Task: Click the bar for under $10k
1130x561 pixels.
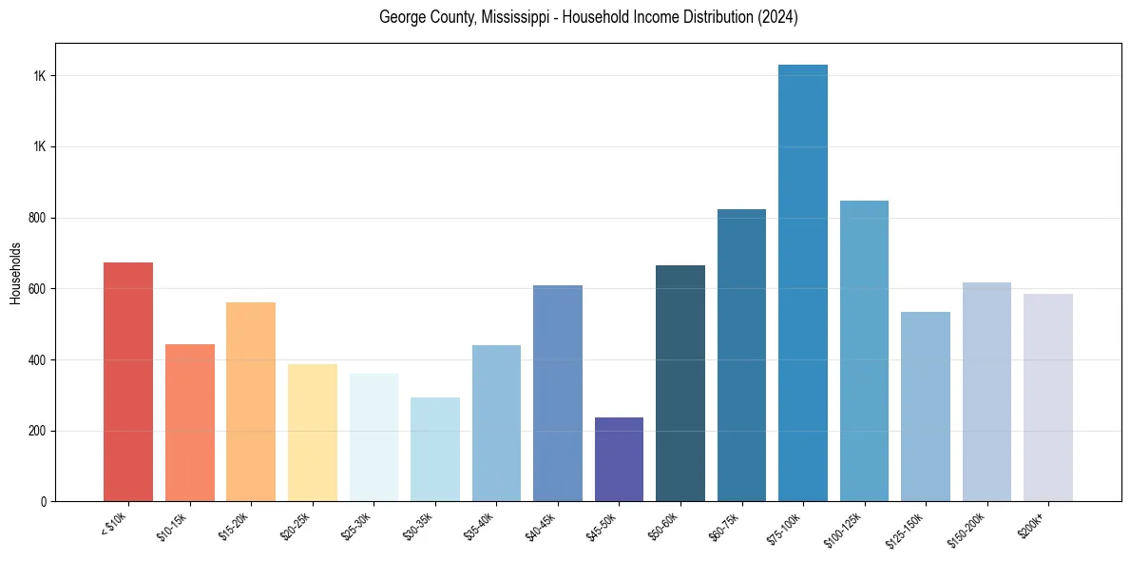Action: point(128,381)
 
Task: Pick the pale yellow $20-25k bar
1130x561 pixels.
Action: point(313,433)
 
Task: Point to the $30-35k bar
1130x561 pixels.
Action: point(435,449)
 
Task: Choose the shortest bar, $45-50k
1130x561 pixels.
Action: point(619,459)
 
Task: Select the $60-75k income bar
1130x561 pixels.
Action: point(741,355)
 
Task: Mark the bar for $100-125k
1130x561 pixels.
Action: point(864,351)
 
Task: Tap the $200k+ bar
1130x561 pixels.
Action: point(1048,397)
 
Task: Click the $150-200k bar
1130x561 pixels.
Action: point(986,392)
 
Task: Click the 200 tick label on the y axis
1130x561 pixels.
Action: point(38,431)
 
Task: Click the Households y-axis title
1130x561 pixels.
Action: point(16,273)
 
